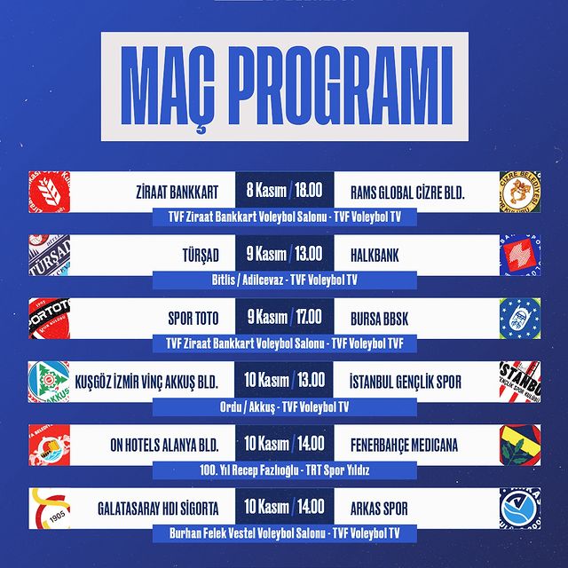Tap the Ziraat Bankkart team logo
pos(50,192)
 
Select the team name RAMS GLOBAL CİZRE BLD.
pos(407,193)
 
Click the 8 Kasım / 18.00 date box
pos(284,190)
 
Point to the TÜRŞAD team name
pos(201,256)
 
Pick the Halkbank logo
pos(520,255)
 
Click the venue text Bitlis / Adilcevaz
pos(248,280)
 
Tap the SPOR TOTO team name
pos(193,319)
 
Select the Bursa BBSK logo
pos(520,319)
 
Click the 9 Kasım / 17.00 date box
pos(284,317)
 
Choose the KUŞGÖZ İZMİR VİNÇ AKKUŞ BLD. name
pos(146,383)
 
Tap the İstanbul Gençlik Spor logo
pos(520,382)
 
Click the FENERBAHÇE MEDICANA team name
pos(404,446)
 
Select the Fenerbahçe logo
pos(520,445)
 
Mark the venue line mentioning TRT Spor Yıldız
pos(284,470)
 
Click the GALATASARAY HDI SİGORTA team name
pos(158,509)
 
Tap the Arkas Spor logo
pos(520,509)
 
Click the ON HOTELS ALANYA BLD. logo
pos(50,445)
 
